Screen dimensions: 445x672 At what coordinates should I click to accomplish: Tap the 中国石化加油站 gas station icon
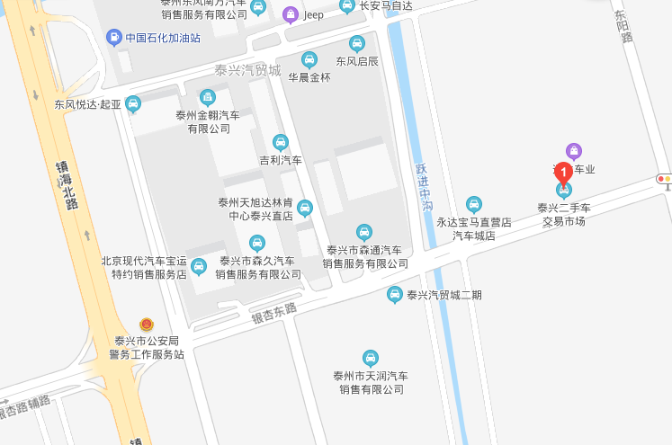114,37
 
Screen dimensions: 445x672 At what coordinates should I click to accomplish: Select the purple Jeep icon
290,14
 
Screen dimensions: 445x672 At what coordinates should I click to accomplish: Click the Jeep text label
313,14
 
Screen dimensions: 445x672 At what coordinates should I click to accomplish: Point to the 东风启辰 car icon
357,43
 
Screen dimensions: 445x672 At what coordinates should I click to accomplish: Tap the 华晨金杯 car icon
309,60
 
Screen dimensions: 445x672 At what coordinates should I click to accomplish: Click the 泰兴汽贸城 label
247,70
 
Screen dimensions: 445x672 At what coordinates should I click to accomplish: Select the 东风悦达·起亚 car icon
133,103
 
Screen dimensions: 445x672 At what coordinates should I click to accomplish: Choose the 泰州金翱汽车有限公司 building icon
208,97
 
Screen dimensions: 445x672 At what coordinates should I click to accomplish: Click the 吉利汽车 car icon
281,142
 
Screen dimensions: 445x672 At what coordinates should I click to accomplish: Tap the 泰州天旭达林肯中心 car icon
305,209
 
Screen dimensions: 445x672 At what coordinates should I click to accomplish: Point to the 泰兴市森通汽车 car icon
364,232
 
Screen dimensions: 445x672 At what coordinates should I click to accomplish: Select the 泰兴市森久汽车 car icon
257,243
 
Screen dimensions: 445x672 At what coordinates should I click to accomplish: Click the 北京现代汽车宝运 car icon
198,266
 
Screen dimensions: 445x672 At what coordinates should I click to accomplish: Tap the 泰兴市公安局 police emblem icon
147,324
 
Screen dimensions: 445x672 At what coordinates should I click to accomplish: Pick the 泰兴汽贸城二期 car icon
394,294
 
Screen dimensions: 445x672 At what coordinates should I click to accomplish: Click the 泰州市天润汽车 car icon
371,357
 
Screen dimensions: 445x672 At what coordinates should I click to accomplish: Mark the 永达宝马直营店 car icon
474,204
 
